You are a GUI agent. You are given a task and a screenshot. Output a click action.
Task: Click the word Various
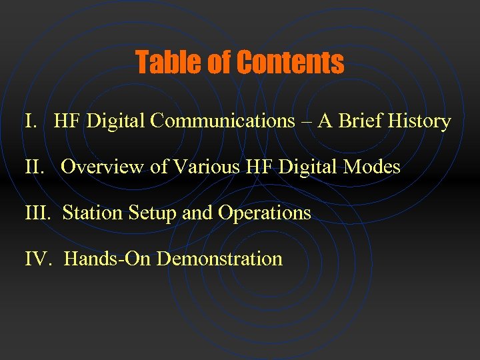tap(205, 167)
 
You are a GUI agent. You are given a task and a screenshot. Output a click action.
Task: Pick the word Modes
tap(372, 167)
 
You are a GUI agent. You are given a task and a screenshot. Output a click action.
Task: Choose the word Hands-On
tap(107, 259)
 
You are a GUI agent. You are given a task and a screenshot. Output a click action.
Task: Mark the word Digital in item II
tap(306, 167)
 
